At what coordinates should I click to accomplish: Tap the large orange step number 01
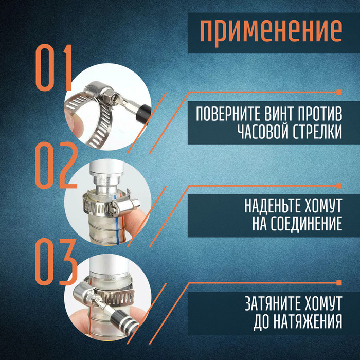tap(53, 68)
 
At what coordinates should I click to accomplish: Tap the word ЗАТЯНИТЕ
tap(273, 303)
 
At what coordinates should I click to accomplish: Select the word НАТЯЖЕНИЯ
tap(307, 322)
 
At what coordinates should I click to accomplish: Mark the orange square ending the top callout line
tap(338, 92)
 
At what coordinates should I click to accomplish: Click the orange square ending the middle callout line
tap(338, 186)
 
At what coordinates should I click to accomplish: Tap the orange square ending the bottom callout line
tap(338, 282)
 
